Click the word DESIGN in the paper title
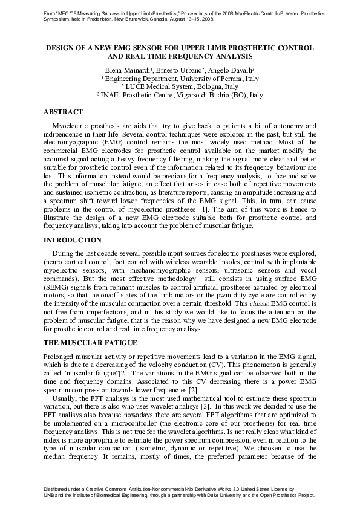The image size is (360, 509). pos(62,47)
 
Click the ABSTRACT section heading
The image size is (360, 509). pos(63,112)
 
